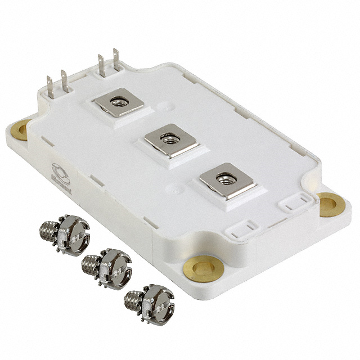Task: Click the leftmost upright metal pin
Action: click(x=50, y=88)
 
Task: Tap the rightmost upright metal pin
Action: click(x=116, y=60)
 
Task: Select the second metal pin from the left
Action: click(x=64, y=81)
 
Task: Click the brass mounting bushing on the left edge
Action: click(x=20, y=132)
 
